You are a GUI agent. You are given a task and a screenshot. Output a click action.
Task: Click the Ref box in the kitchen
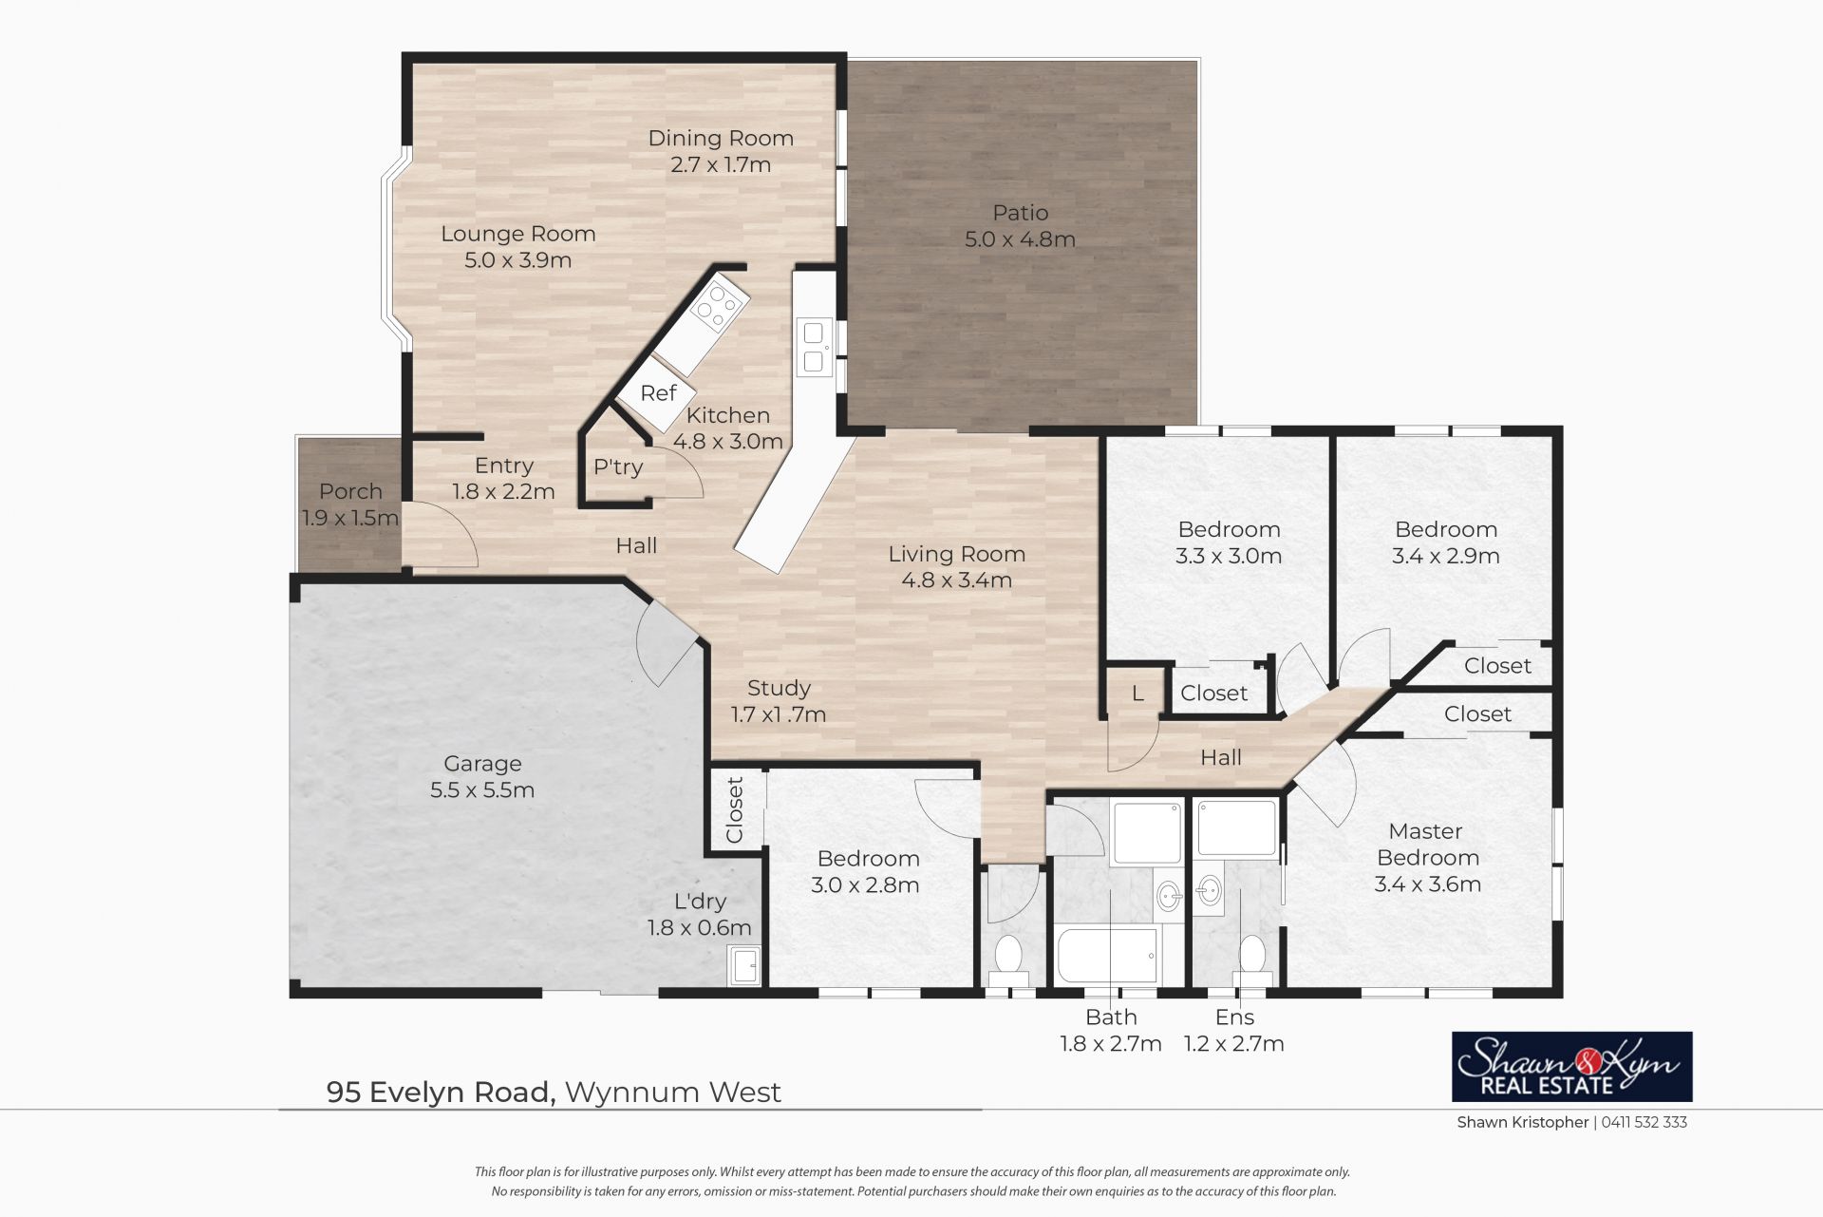(657, 393)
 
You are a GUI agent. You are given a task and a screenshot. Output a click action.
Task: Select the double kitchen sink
(815, 347)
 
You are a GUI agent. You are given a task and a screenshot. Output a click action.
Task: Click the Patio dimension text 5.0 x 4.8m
(1020, 239)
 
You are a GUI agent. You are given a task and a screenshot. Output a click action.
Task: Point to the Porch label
(350, 491)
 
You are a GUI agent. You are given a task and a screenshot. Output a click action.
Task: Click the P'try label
(618, 466)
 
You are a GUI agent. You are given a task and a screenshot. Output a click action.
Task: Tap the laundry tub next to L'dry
(744, 965)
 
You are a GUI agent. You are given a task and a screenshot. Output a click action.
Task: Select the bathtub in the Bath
(1108, 956)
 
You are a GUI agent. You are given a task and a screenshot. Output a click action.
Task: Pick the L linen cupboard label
(1137, 694)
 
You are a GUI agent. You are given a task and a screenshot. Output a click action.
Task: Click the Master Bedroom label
(1427, 845)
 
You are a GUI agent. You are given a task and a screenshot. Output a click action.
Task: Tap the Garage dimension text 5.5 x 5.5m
(482, 790)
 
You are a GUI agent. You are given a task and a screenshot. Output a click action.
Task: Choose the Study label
(779, 688)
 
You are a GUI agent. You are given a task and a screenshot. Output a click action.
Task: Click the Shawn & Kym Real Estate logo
(1572, 1067)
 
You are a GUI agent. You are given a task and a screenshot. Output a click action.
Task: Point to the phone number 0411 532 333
(1644, 1122)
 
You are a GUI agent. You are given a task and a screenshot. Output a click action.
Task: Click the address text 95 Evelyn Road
(441, 1093)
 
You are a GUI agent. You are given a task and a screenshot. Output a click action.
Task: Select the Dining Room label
(721, 139)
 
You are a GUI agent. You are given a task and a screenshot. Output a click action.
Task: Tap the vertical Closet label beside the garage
(735, 810)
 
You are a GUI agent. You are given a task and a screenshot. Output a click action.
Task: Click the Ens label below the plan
(1234, 1017)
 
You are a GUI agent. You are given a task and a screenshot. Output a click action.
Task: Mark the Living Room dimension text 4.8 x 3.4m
(957, 580)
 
